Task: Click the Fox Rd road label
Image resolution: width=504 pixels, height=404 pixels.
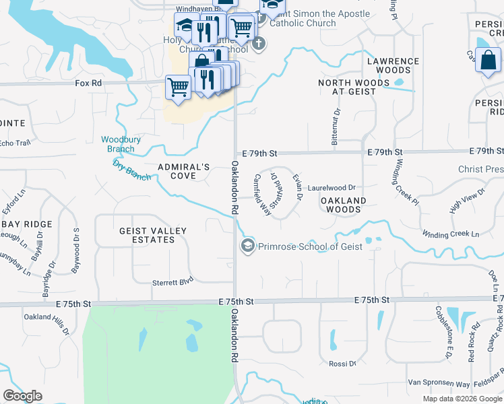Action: point(88,83)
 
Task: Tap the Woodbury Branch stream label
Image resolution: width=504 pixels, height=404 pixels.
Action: point(121,143)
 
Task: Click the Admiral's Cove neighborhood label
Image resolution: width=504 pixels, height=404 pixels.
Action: point(184,171)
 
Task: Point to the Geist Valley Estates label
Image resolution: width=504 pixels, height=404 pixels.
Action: point(153,235)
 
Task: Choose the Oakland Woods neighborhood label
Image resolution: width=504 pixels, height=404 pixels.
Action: point(343,205)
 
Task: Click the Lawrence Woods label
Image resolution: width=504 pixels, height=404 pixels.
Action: point(393,66)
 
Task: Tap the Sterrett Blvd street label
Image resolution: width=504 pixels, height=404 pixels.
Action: point(172,283)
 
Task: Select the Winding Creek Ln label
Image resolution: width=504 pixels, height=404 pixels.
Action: point(451,234)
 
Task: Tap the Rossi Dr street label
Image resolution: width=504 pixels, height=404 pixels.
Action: point(342,364)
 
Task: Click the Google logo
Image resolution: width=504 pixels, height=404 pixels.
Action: point(22,396)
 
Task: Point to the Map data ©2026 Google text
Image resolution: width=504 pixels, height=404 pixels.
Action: point(462,399)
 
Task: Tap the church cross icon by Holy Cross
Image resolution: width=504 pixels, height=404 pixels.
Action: point(259,44)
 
